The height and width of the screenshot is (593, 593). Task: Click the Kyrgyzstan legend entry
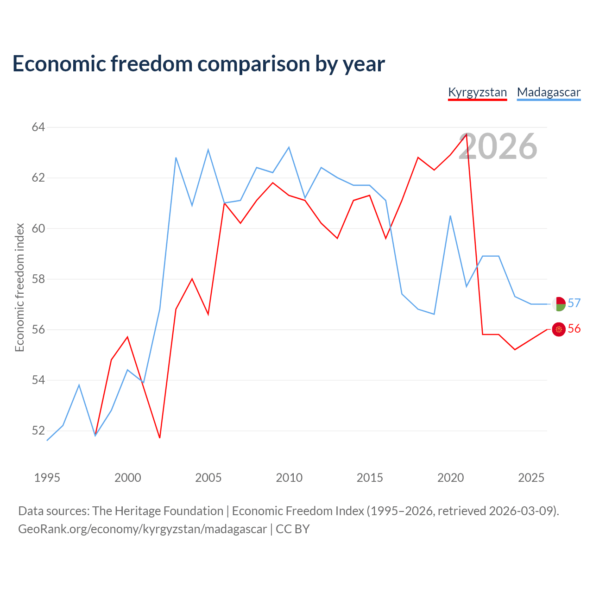click(x=477, y=93)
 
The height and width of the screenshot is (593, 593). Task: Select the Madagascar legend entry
click(x=549, y=93)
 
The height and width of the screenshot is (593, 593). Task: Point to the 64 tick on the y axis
click(x=38, y=127)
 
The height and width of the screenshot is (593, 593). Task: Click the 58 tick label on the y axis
click(x=38, y=279)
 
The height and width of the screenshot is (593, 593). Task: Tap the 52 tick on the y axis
click(x=38, y=430)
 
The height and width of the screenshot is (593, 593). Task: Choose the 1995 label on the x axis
click(x=47, y=478)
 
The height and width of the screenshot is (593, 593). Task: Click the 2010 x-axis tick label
click(x=289, y=478)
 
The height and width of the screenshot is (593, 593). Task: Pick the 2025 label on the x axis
click(x=531, y=478)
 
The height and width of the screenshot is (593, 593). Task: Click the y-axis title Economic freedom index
click(x=20, y=287)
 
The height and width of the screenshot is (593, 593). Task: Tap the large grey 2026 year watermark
click(x=498, y=146)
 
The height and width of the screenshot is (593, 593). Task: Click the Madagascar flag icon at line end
click(x=559, y=304)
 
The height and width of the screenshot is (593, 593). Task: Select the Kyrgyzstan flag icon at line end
click(x=559, y=329)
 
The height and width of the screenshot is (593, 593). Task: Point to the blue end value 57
click(x=574, y=303)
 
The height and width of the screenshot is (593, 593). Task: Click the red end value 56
click(x=574, y=328)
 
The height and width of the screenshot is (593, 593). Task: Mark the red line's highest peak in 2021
click(x=467, y=134)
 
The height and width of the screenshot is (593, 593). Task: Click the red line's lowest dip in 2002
click(x=160, y=438)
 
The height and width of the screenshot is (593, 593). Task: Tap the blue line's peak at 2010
click(x=289, y=147)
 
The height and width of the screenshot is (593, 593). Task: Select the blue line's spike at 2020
click(x=450, y=216)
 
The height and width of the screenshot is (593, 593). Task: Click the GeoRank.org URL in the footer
click(x=143, y=529)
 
